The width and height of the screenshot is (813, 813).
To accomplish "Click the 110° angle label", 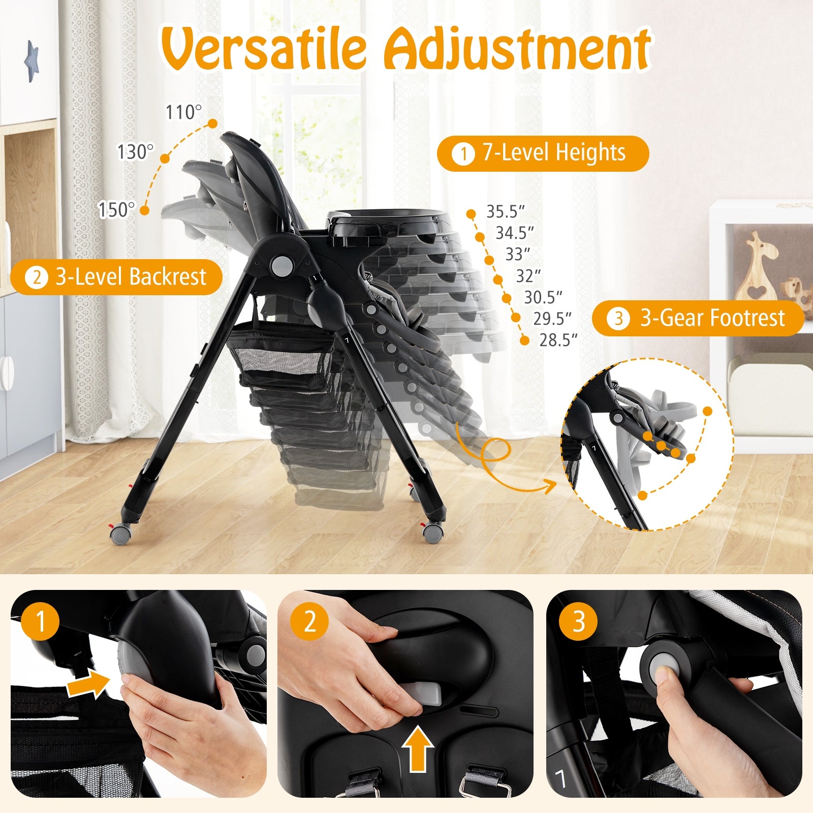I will [x=183, y=112].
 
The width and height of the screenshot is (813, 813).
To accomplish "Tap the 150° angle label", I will [x=117, y=209].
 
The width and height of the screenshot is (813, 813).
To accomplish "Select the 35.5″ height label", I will [x=505, y=211].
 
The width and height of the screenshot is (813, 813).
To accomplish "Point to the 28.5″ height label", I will [x=558, y=340].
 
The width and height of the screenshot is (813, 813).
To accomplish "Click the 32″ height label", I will [x=528, y=276].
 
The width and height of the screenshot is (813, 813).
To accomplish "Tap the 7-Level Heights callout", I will [x=543, y=153].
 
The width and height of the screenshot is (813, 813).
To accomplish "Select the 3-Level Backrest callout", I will [x=116, y=277].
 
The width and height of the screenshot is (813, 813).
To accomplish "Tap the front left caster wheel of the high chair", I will [x=121, y=534].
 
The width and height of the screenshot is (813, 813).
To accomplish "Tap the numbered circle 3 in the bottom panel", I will [x=578, y=621].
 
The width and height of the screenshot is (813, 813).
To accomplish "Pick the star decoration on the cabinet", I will [x=32, y=61].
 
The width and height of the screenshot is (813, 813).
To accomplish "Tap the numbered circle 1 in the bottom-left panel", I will [x=41, y=621].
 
